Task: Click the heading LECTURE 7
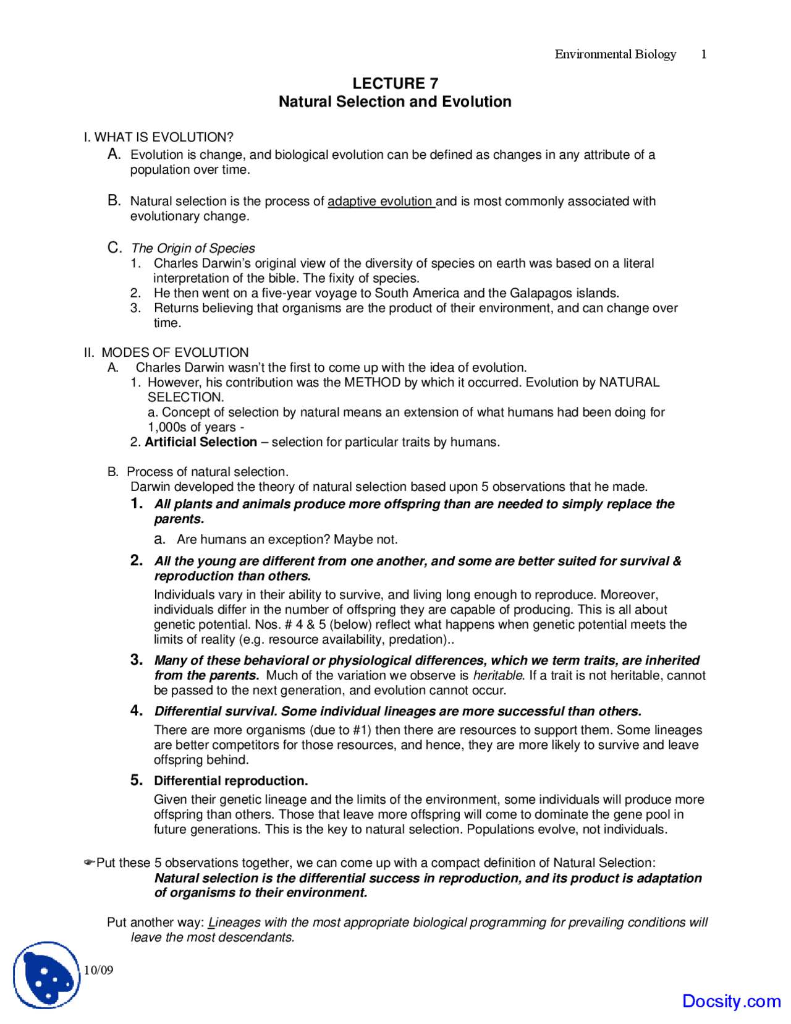(395, 83)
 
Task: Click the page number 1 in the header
(703, 54)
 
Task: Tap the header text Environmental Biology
(615, 54)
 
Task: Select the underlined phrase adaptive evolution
(380, 201)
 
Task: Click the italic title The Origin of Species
(193, 248)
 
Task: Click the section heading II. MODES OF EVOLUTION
(166, 352)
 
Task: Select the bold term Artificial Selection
(201, 442)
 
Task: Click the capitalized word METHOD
(372, 382)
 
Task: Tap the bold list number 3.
(136, 660)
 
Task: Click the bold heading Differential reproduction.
(231, 780)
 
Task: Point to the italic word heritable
(498, 675)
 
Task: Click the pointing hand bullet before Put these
(89, 863)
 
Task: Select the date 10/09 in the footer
(98, 970)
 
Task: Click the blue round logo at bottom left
(47, 975)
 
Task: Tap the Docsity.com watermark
(731, 1001)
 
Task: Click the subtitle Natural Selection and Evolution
(395, 102)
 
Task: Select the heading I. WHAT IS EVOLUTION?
(159, 137)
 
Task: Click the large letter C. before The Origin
(114, 248)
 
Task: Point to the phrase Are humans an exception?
(253, 539)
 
